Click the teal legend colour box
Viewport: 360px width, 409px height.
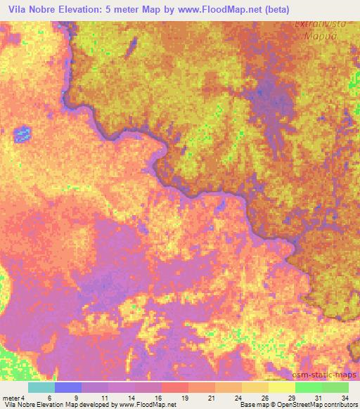click(41, 387)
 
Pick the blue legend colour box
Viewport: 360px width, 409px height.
click(68, 387)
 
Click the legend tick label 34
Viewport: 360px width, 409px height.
click(344, 397)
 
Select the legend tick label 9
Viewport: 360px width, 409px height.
click(76, 397)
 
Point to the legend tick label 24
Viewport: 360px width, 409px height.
click(239, 397)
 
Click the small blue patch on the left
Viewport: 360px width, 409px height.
click(23, 133)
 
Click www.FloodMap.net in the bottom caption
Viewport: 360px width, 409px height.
click(148, 405)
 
